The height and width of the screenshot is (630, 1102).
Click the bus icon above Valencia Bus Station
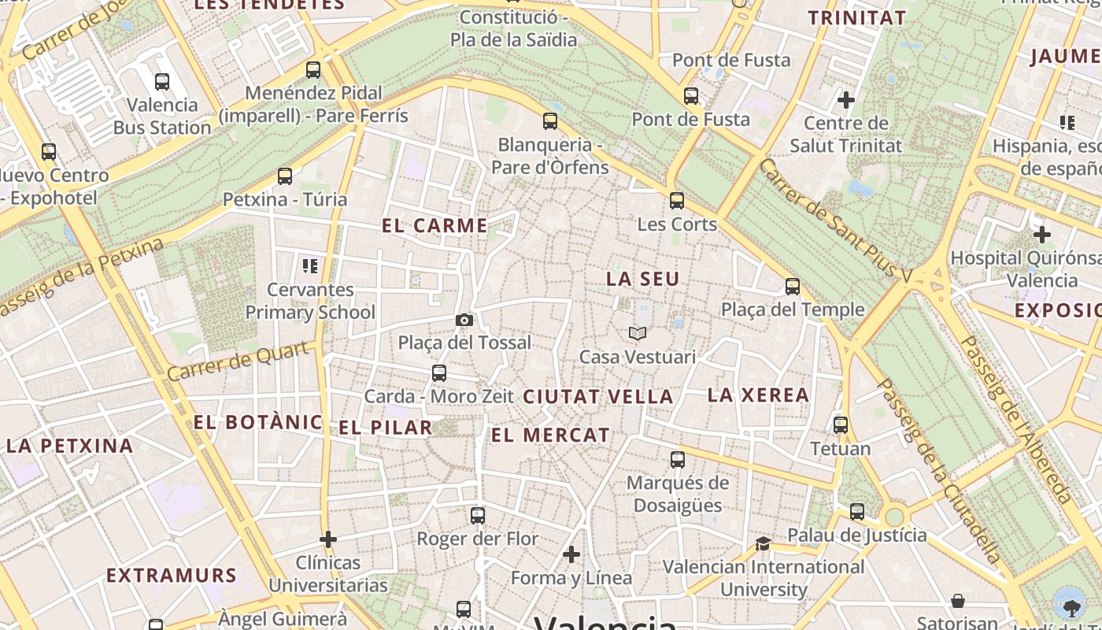(x=162, y=81)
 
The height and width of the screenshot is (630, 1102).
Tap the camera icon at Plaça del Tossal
(x=464, y=320)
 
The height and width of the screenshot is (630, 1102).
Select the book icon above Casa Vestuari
(x=638, y=334)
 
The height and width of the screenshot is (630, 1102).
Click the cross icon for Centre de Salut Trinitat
(x=846, y=100)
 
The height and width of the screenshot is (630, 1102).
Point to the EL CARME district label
(x=435, y=226)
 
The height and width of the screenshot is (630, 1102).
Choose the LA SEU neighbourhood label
(x=642, y=280)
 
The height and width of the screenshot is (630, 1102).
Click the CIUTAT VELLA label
(x=598, y=397)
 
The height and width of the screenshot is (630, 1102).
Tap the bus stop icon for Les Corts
(x=677, y=201)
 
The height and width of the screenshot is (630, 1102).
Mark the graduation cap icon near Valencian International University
(x=763, y=543)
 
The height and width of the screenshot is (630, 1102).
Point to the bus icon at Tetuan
(x=841, y=425)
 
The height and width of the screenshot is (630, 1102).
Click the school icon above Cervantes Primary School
(x=310, y=266)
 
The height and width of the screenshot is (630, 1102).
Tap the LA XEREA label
(x=759, y=395)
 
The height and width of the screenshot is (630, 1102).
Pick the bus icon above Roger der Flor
(x=478, y=516)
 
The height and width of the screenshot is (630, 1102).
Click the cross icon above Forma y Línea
(x=571, y=554)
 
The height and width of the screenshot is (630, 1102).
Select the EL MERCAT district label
(x=550, y=435)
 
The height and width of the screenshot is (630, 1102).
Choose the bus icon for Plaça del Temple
(x=793, y=286)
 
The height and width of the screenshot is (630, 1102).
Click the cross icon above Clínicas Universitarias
(x=328, y=539)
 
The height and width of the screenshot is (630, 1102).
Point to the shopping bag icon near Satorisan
(x=958, y=602)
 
